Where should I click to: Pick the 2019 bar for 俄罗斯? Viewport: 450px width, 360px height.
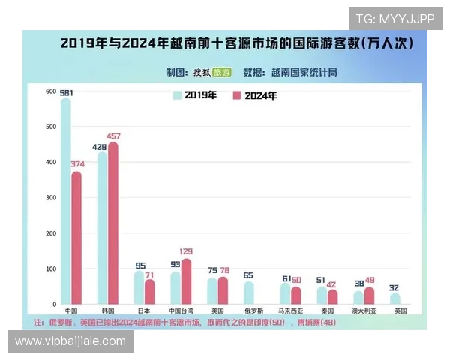[x=249, y=292]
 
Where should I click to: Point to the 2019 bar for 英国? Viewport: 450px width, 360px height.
[x=395, y=298]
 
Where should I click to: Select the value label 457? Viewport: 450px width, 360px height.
[x=114, y=136]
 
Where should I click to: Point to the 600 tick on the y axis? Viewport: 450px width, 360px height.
[x=51, y=91]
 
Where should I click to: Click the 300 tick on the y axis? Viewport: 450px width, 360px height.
[x=51, y=198]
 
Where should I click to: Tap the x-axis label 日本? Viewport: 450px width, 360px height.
[x=144, y=310]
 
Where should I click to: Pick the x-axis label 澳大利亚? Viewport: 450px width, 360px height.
[x=364, y=310]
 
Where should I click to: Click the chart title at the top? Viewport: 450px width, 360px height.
[x=236, y=44]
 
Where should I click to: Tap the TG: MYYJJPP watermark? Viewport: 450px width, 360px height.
[x=394, y=19]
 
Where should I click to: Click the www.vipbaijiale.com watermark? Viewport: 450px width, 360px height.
[x=70, y=341]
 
